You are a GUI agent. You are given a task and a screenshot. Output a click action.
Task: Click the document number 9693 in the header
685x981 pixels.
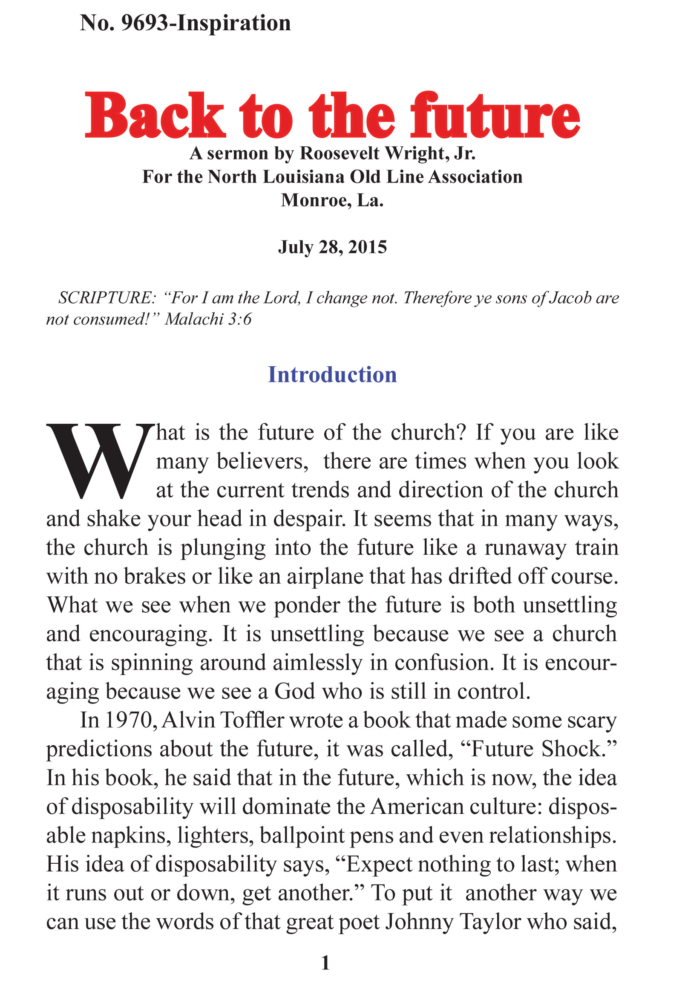pyautogui.click(x=144, y=23)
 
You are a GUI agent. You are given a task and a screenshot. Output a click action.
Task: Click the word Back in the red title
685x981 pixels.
pyautogui.click(x=155, y=116)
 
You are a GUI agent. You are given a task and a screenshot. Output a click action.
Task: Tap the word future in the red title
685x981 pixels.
pyautogui.click(x=495, y=116)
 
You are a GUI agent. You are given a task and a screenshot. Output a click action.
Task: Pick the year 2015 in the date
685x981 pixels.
pyautogui.click(x=368, y=247)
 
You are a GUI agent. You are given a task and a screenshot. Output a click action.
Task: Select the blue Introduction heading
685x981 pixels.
pyautogui.click(x=332, y=375)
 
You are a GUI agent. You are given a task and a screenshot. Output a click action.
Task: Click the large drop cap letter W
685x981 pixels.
pyautogui.click(x=100, y=461)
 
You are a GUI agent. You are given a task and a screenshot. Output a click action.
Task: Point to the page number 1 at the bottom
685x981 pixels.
pyautogui.click(x=325, y=963)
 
